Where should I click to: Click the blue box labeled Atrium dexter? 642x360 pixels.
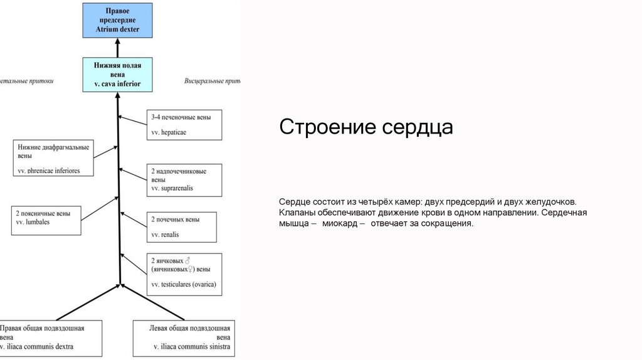(118, 20)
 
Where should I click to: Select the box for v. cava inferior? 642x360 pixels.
(118, 74)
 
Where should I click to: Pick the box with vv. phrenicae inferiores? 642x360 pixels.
(53, 158)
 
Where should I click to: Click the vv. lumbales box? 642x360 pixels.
(46, 218)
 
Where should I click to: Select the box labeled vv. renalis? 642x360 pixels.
(182, 227)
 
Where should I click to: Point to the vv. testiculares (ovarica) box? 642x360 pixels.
(184, 273)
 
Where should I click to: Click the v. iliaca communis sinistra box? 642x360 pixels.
(184, 337)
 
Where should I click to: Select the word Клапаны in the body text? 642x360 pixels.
(298, 213)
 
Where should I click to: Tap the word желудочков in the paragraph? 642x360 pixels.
(549, 202)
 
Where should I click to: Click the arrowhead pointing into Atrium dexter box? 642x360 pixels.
(118, 43)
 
